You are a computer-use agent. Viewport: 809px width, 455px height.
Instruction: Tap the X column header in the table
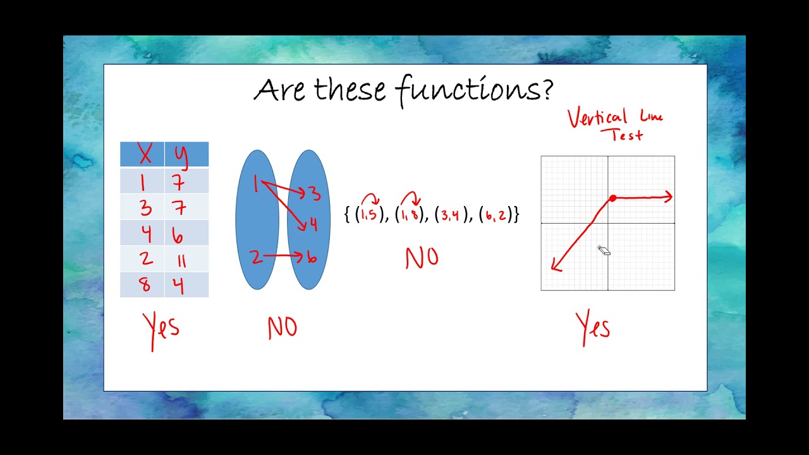pos(145,155)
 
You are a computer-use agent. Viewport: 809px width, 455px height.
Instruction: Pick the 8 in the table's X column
pos(145,285)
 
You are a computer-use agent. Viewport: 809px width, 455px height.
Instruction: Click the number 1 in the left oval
pos(256,185)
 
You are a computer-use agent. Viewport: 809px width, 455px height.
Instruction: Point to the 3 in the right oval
pos(314,193)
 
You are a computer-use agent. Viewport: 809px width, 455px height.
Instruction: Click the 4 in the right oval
pos(313,224)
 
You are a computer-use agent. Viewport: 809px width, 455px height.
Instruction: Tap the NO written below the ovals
pos(282,328)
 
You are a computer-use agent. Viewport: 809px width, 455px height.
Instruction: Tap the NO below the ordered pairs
pos(422,258)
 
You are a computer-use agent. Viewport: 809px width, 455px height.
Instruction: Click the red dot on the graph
pos(612,198)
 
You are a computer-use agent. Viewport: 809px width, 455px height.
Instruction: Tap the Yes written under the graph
pos(593,328)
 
